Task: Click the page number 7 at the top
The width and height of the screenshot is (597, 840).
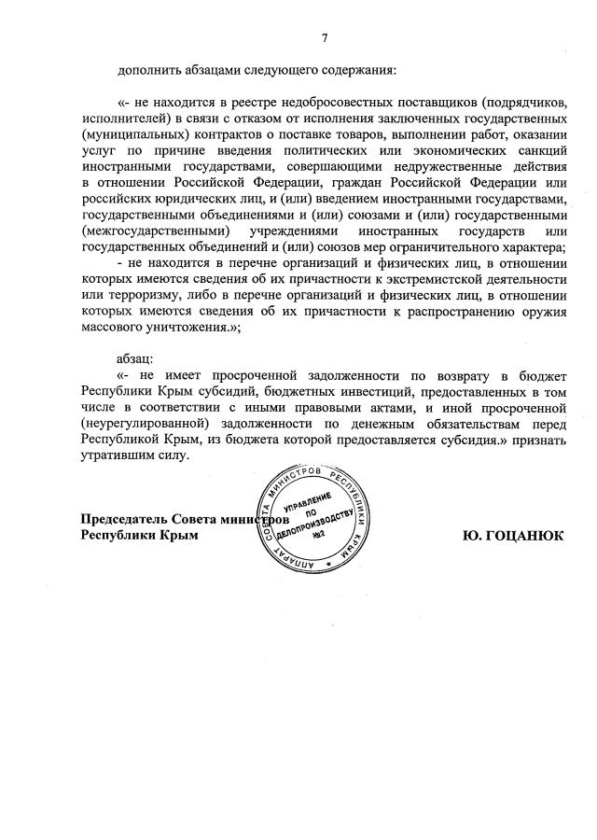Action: click(x=325, y=37)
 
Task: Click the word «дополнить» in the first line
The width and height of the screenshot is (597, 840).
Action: click(x=148, y=70)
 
